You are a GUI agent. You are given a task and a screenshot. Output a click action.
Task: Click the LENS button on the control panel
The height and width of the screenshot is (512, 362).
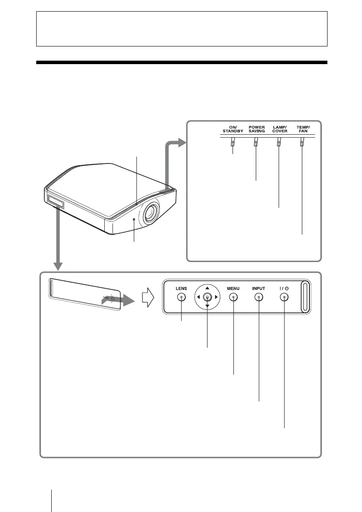pyautogui.click(x=181, y=297)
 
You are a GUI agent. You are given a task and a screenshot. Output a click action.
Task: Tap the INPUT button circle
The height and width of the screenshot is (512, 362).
pyautogui.click(x=259, y=297)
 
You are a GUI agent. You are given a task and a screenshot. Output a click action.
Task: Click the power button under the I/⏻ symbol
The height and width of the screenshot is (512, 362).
pyautogui.click(x=284, y=297)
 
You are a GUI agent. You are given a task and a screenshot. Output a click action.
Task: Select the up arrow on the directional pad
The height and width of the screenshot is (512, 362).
pyautogui.click(x=207, y=287)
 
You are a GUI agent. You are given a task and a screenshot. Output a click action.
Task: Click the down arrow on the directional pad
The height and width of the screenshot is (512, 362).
pyautogui.click(x=207, y=306)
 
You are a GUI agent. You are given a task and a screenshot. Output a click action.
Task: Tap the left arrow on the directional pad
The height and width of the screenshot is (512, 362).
pyautogui.click(x=198, y=297)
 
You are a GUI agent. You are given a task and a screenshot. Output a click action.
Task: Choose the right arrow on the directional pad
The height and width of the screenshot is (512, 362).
pyautogui.click(x=217, y=297)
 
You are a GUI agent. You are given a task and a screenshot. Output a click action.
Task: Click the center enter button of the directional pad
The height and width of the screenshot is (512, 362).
pyautogui.click(x=207, y=297)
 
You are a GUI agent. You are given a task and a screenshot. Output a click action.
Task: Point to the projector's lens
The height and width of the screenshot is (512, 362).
pyautogui.click(x=151, y=213)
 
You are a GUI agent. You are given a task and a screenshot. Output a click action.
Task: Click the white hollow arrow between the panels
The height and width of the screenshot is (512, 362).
pyautogui.click(x=148, y=297)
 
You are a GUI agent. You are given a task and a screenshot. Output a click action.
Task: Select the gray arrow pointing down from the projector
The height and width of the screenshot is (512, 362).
pyautogui.click(x=58, y=241)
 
